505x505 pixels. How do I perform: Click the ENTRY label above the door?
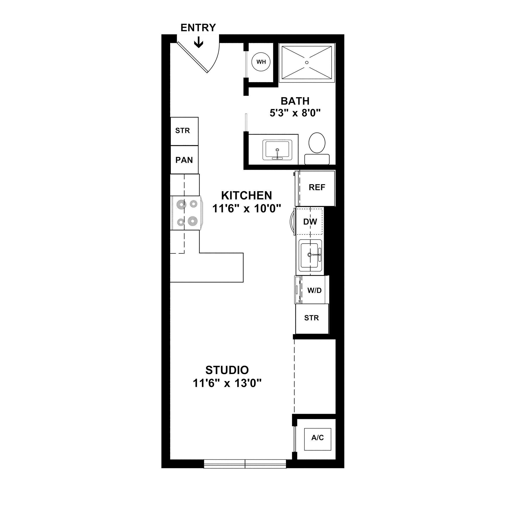[x=198, y=28]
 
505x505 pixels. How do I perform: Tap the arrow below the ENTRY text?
[x=199, y=42]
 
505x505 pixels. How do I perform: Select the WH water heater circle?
[x=261, y=62]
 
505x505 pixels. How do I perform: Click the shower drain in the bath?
[x=307, y=62]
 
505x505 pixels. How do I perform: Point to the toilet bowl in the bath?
[x=317, y=143]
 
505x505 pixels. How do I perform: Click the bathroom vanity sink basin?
[x=277, y=150]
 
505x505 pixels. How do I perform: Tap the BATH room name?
[x=295, y=101]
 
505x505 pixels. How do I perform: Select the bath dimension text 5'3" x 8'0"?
[x=295, y=113]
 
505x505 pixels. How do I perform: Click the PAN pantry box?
[x=184, y=160]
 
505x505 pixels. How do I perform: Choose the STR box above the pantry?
[x=183, y=131]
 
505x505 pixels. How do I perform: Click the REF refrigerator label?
[x=317, y=187]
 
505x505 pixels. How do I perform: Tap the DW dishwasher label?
[x=310, y=222]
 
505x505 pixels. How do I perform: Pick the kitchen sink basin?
[x=309, y=255]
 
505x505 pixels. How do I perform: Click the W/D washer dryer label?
[x=314, y=290]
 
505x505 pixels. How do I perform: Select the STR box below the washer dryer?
[x=312, y=318]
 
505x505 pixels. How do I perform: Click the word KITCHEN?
[x=247, y=196]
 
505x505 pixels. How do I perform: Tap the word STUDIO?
[x=227, y=370]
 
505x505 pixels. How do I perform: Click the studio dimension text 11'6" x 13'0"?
[x=227, y=384]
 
